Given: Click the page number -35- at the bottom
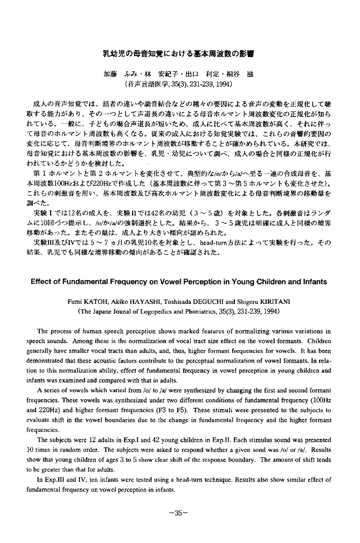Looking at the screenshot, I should click(180, 513).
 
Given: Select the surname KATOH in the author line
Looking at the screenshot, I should click(105, 300).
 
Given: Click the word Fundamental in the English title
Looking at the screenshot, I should click(88, 282).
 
